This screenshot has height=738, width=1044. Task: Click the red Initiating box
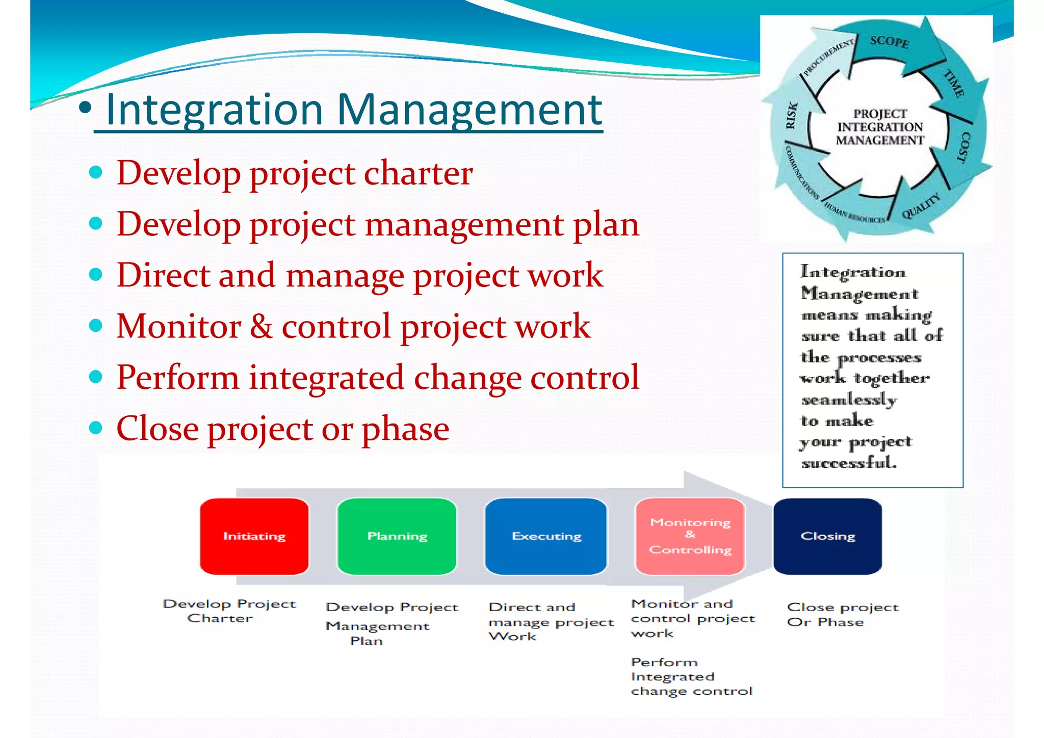254,536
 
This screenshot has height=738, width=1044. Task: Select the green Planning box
397,536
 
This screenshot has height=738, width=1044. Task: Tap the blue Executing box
546,536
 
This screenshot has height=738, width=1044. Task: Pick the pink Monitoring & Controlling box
690,536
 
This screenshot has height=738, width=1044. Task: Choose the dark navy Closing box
827,536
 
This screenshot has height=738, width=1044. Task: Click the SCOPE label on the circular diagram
889,41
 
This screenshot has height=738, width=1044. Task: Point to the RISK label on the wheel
791,116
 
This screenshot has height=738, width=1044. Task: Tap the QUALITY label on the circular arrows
921,206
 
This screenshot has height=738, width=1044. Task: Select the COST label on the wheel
964,147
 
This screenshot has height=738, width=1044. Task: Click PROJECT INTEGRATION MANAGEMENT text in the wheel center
880,127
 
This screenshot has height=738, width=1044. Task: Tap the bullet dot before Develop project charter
95,172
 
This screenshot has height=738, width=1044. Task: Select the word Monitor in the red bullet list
178,326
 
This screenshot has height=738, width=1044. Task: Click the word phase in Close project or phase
405,429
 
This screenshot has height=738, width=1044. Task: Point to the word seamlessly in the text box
849,400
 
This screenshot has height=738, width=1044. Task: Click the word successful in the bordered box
849,463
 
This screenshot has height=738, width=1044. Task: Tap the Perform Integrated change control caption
691,677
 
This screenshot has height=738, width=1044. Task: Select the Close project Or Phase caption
842,614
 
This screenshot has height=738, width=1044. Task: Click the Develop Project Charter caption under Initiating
229,611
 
